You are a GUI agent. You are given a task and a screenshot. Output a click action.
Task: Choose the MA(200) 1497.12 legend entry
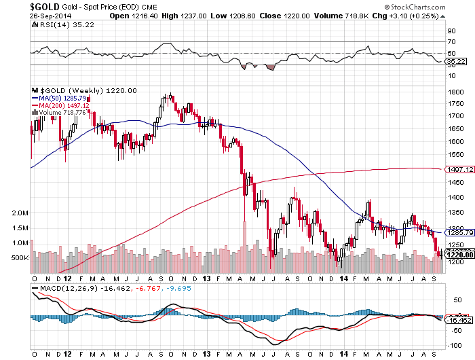click(x=61, y=105)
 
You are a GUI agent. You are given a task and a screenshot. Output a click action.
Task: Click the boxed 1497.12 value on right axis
click(x=457, y=169)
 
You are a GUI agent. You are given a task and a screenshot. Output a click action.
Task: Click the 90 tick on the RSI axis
click(x=449, y=31)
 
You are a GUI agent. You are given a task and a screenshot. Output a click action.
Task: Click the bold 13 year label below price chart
click(x=205, y=279)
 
